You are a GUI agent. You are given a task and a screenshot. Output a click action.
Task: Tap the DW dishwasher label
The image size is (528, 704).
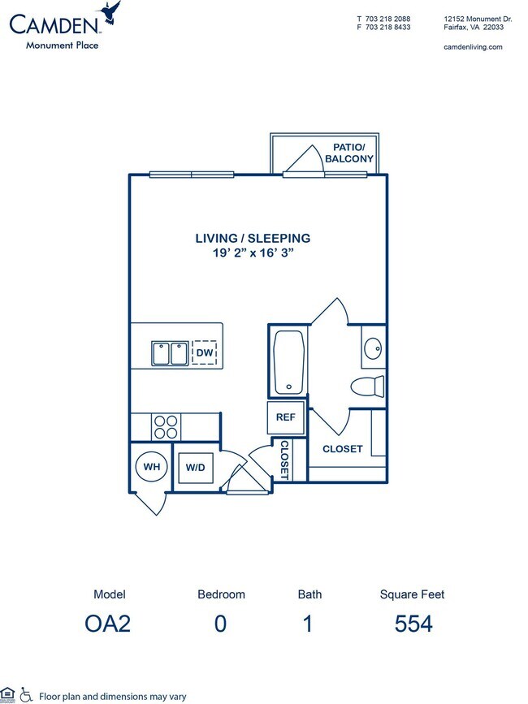[204, 353]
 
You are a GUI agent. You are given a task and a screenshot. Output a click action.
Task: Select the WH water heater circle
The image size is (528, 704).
[150, 468]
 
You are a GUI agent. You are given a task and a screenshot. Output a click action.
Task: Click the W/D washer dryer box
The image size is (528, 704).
[196, 468]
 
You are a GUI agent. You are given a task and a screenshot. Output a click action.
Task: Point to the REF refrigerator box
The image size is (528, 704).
[285, 417]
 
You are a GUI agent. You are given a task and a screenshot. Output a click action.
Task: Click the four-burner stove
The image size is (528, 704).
[167, 426]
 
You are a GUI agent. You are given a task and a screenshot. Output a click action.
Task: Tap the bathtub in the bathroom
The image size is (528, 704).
[288, 361]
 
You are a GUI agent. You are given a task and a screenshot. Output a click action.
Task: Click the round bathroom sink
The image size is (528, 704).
[373, 349]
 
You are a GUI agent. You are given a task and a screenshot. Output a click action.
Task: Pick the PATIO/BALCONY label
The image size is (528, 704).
[348, 153]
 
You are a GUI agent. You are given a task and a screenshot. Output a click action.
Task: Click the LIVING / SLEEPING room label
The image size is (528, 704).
[253, 238]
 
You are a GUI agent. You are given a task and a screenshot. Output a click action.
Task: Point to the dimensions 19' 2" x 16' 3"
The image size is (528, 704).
[253, 253]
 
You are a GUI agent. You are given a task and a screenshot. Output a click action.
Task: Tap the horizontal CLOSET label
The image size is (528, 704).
[343, 448]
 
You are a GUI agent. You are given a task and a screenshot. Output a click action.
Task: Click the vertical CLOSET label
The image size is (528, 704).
[284, 459]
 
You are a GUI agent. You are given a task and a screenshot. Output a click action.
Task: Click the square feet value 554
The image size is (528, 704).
[413, 624]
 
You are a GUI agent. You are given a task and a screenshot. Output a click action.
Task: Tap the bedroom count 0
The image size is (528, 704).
[221, 624]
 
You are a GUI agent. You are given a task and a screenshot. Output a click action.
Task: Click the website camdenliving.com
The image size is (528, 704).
[474, 47]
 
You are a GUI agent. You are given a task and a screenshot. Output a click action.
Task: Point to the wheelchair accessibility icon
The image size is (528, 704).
[26, 694]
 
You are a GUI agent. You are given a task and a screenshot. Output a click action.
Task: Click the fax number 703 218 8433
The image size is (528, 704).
[387, 27]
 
